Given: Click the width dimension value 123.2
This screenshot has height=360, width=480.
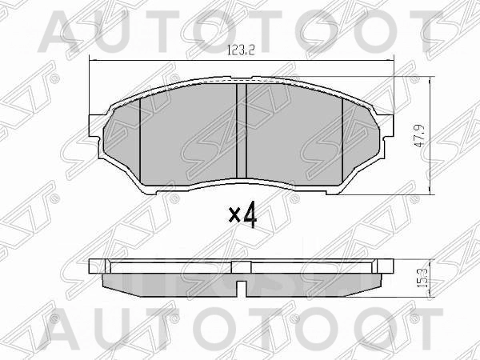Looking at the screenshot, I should tap(240, 51).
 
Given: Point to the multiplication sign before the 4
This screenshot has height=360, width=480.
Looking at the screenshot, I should tap(234, 216).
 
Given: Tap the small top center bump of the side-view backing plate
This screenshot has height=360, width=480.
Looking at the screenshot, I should tap(241, 262).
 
